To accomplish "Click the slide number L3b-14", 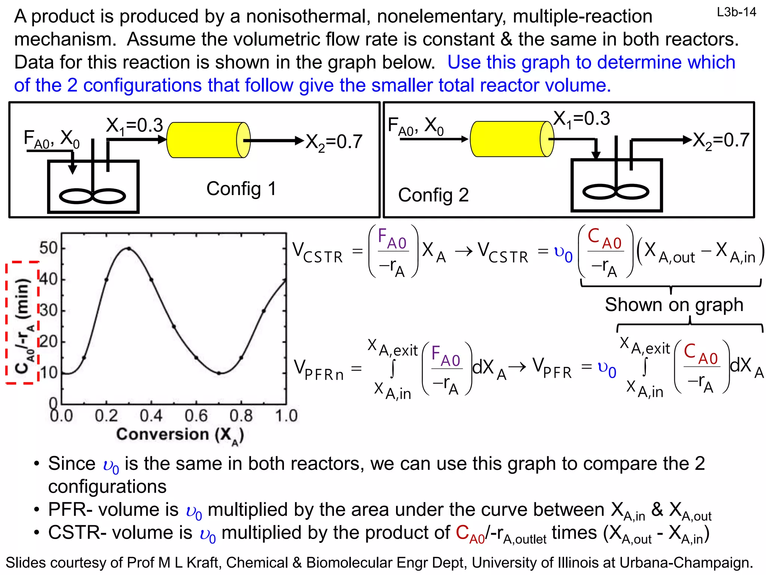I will tap(736, 12).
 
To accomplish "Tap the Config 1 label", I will tap(241, 188).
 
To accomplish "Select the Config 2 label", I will tap(433, 195).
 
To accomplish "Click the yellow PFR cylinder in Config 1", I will tap(208, 140).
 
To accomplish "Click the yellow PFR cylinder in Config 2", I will tap(512, 139).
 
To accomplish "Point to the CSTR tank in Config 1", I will tap(94, 186).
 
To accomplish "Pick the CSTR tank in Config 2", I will tap(616, 185).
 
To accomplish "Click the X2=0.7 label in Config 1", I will tap(334, 142).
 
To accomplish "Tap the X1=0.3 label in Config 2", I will tap(581, 119).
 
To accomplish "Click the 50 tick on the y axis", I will tap(48, 248).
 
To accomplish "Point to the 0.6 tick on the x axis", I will tap(196, 416).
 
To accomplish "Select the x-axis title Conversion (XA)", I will tap(180, 435).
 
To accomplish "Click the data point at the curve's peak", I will tap(129, 248).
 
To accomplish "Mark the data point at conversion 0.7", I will tap(219, 373).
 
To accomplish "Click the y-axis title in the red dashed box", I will tap(23, 323).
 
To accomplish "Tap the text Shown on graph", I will tap(674, 305).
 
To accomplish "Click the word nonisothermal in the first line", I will tap(308, 16).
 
